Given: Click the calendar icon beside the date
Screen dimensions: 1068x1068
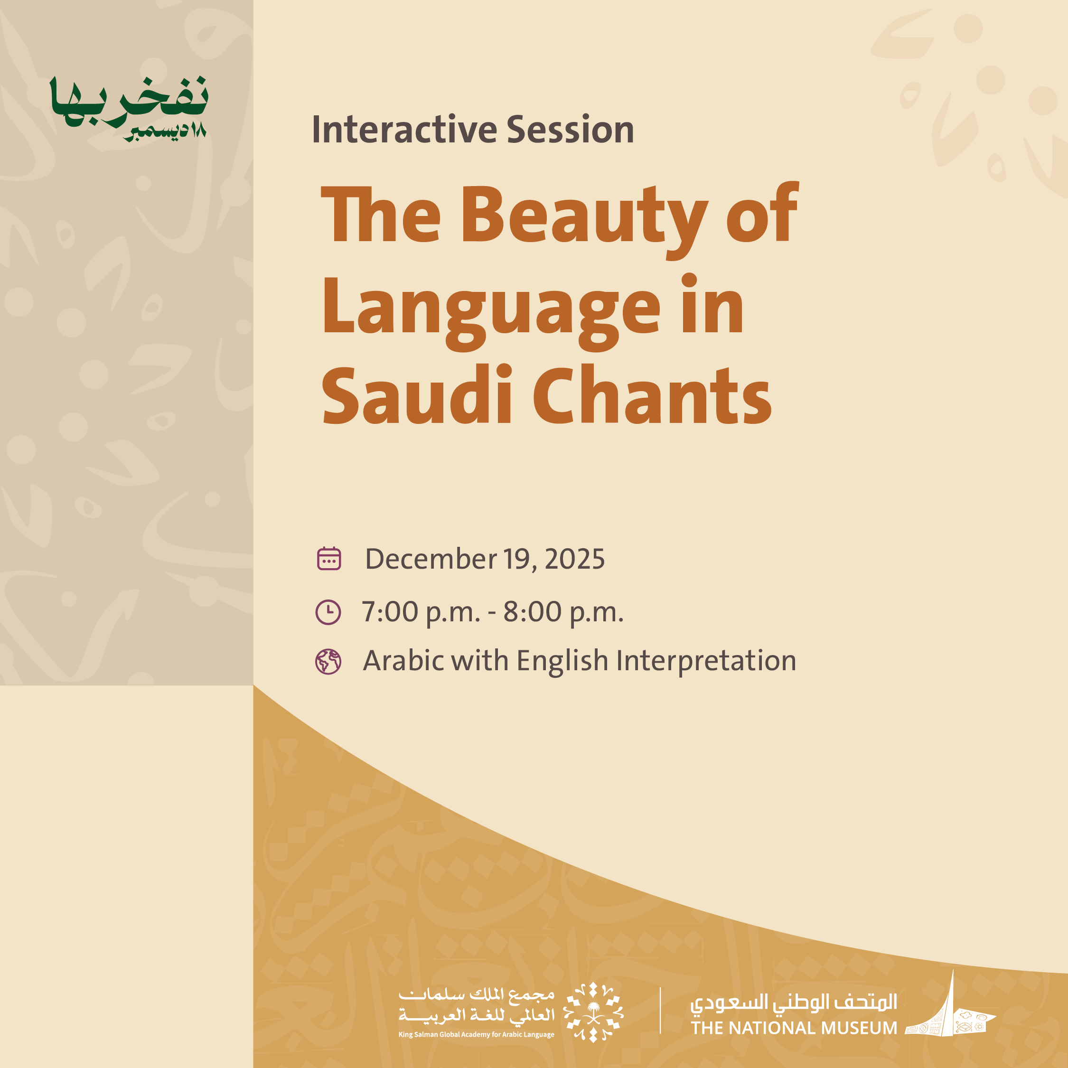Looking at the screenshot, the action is [x=329, y=558].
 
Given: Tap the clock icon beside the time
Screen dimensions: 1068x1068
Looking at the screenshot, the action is [x=328, y=612].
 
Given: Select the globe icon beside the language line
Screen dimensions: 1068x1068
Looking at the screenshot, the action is [x=328, y=662].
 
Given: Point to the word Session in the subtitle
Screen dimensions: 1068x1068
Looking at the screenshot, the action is [x=571, y=130].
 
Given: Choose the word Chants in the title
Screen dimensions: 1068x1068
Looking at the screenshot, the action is [x=652, y=396].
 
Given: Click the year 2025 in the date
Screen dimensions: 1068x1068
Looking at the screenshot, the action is [x=575, y=559].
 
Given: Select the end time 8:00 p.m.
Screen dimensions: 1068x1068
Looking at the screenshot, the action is [x=563, y=612].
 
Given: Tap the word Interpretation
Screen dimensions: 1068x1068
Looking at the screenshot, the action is [x=706, y=662].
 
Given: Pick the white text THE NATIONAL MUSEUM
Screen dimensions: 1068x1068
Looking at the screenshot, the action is [x=794, y=1028].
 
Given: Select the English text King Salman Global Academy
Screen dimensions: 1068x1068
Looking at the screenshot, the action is [x=477, y=1034].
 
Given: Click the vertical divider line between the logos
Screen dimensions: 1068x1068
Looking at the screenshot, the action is [x=661, y=1011].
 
